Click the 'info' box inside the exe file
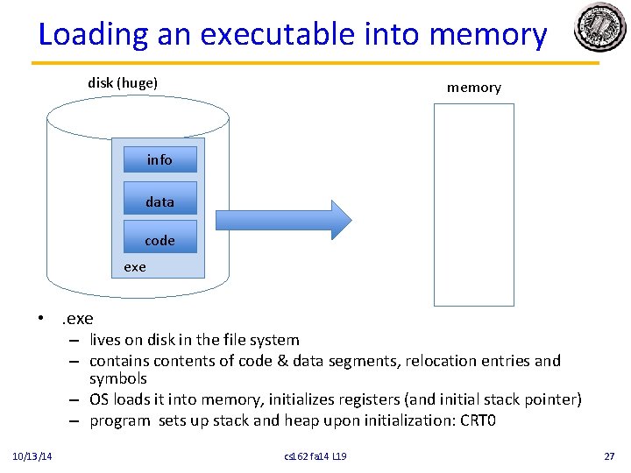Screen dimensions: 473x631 click(x=160, y=159)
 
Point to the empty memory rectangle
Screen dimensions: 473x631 click(x=473, y=204)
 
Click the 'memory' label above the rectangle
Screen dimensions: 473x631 click(x=473, y=88)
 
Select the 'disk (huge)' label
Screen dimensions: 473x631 click(x=123, y=83)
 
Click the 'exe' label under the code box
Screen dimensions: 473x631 click(x=135, y=266)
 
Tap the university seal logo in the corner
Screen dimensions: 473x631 click(x=599, y=27)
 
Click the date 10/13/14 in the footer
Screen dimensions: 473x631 click(x=32, y=456)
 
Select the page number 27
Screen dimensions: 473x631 click(x=609, y=456)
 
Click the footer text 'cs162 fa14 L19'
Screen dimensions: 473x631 click(x=315, y=456)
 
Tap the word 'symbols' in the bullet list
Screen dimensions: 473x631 click(x=117, y=378)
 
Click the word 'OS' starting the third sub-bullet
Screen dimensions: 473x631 click(x=99, y=399)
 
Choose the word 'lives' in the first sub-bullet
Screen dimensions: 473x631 click(x=105, y=340)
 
